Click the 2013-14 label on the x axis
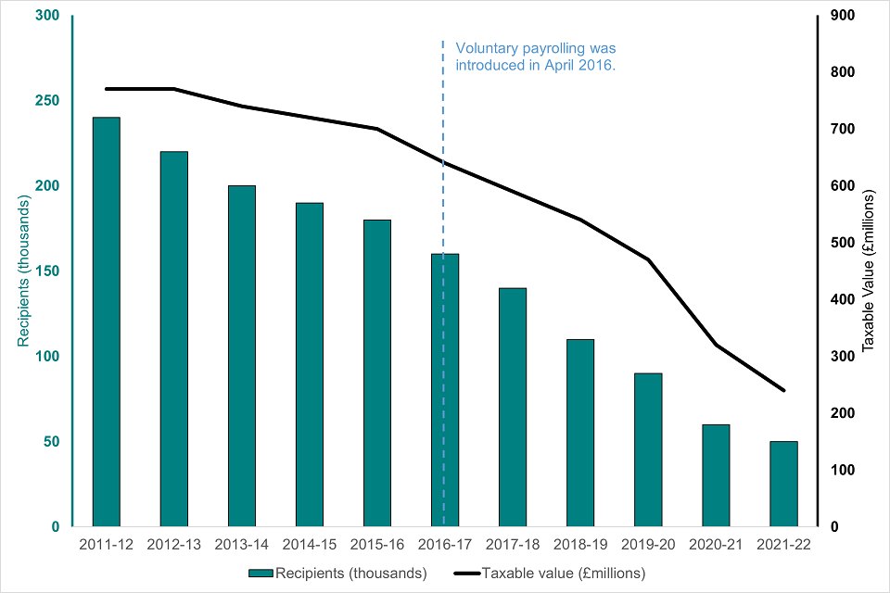coord(241,546)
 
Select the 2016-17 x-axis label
coord(445,546)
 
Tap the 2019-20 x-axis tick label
coord(648,546)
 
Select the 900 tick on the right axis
coord(842,16)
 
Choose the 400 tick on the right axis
coord(842,299)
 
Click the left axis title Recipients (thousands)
coord(22,271)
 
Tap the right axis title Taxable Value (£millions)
coord(869,271)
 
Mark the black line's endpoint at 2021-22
coord(784,390)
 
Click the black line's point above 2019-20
coord(648,259)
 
